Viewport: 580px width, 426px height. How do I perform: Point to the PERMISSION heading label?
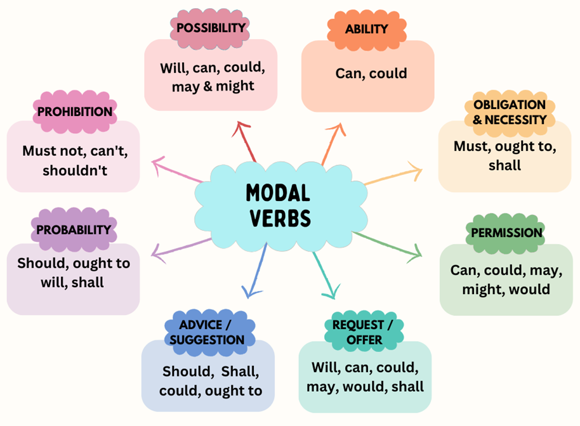506,233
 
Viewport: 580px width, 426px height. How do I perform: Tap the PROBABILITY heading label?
74,229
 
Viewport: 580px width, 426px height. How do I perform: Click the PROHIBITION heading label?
75,112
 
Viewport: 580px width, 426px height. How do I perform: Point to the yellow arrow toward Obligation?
393,176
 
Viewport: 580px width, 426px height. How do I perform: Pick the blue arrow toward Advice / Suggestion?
257,269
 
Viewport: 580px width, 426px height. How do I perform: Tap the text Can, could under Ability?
371,74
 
